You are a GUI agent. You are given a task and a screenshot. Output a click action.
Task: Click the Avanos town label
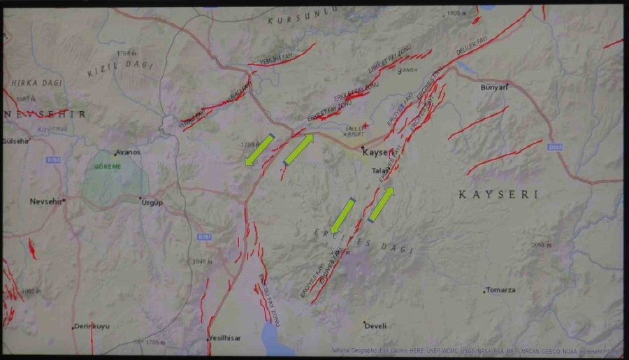[x=129, y=152]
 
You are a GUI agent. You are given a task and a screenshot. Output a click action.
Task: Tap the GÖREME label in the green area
[x=108, y=166]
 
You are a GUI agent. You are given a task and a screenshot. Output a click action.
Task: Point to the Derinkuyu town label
[x=92, y=326]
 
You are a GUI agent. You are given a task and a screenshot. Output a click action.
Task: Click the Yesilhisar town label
[x=225, y=338]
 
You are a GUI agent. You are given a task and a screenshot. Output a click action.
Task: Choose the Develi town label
[x=376, y=325]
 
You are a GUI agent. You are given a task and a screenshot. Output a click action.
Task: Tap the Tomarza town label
[x=501, y=290]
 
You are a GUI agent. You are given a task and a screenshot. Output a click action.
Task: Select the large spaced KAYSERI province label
[x=498, y=194]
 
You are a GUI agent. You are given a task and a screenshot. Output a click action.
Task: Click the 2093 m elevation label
[x=542, y=245]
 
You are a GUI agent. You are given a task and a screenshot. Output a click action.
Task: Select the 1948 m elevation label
[x=202, y=261]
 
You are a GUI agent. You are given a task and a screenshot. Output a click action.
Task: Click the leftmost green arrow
[x=259, y=150]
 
